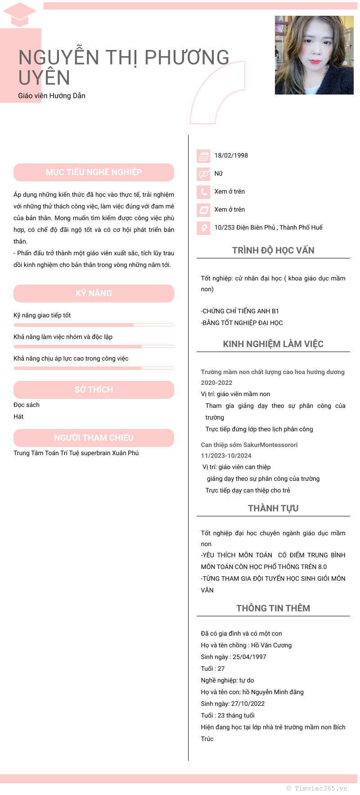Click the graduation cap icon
point(19,14)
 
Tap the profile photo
point(314,55)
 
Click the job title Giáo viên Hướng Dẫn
point(52,95)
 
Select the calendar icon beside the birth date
point(204,156)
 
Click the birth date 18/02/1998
point(231,155)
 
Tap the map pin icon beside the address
point(204,228)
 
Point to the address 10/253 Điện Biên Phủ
point(268,227)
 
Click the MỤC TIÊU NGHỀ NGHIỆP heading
point(94,172)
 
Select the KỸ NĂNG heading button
point(94,294)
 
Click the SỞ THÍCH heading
point(94,390)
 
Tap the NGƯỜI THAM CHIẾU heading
point(94,438)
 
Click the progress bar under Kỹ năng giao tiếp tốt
point(94,325)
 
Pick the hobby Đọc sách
point(27,405)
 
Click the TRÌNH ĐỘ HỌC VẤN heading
point(273,250)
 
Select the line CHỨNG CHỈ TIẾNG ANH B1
point(240,311)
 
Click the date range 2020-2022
point(216,383)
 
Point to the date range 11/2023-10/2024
point(226,456)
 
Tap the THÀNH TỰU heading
point(273,508)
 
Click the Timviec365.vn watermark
point(317,788)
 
